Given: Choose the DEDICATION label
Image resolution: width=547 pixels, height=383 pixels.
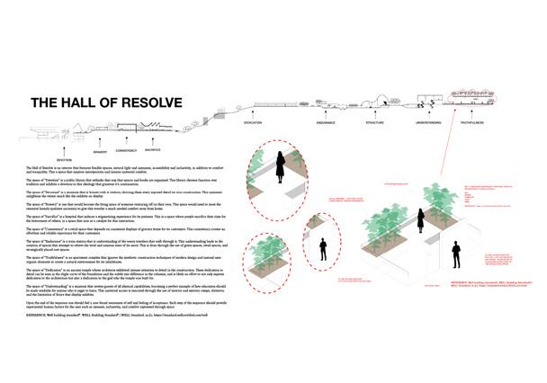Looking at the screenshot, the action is pos(252,121).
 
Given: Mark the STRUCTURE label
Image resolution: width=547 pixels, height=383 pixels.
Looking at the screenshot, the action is pos(374,121).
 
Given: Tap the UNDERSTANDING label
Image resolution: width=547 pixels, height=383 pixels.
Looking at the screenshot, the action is pos(428,121).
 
